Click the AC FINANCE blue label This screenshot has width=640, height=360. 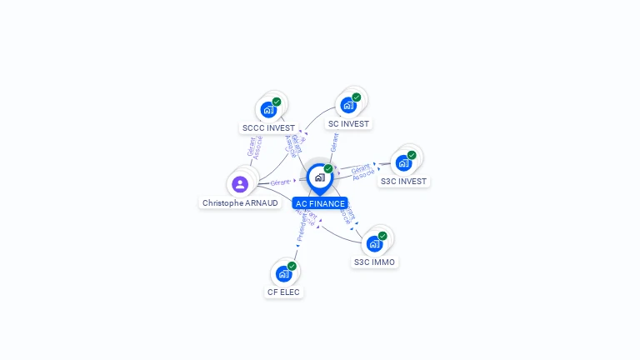tap(320, 203)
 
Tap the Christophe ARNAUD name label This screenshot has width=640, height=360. tap(240, 202)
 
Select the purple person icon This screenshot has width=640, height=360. tap(240, 183)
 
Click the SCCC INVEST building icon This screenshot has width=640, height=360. tap(267, 109)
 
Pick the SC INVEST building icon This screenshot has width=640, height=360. tap(347, 105)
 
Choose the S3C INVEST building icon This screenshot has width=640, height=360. tap(403, 162)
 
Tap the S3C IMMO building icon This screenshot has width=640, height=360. tap(373, 243)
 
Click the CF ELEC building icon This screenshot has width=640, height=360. tap(283, 273)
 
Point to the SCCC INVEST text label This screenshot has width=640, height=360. tap(268, 128)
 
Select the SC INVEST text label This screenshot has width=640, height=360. tap(348, 123)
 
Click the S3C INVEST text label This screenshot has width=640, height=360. tap(403, 181)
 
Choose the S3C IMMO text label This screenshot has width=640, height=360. tap(374, 262)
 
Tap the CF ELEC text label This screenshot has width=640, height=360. tap(283, 292)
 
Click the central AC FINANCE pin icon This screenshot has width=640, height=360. tap(319, 177)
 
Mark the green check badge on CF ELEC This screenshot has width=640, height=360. tap(292, 266)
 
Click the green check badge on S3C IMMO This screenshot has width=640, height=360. tap(382, 236)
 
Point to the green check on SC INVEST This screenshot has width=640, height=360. tap(356, 97)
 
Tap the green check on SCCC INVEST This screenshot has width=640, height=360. tap(277, 102)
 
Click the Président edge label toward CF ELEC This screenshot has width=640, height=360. tap(302, 228)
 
